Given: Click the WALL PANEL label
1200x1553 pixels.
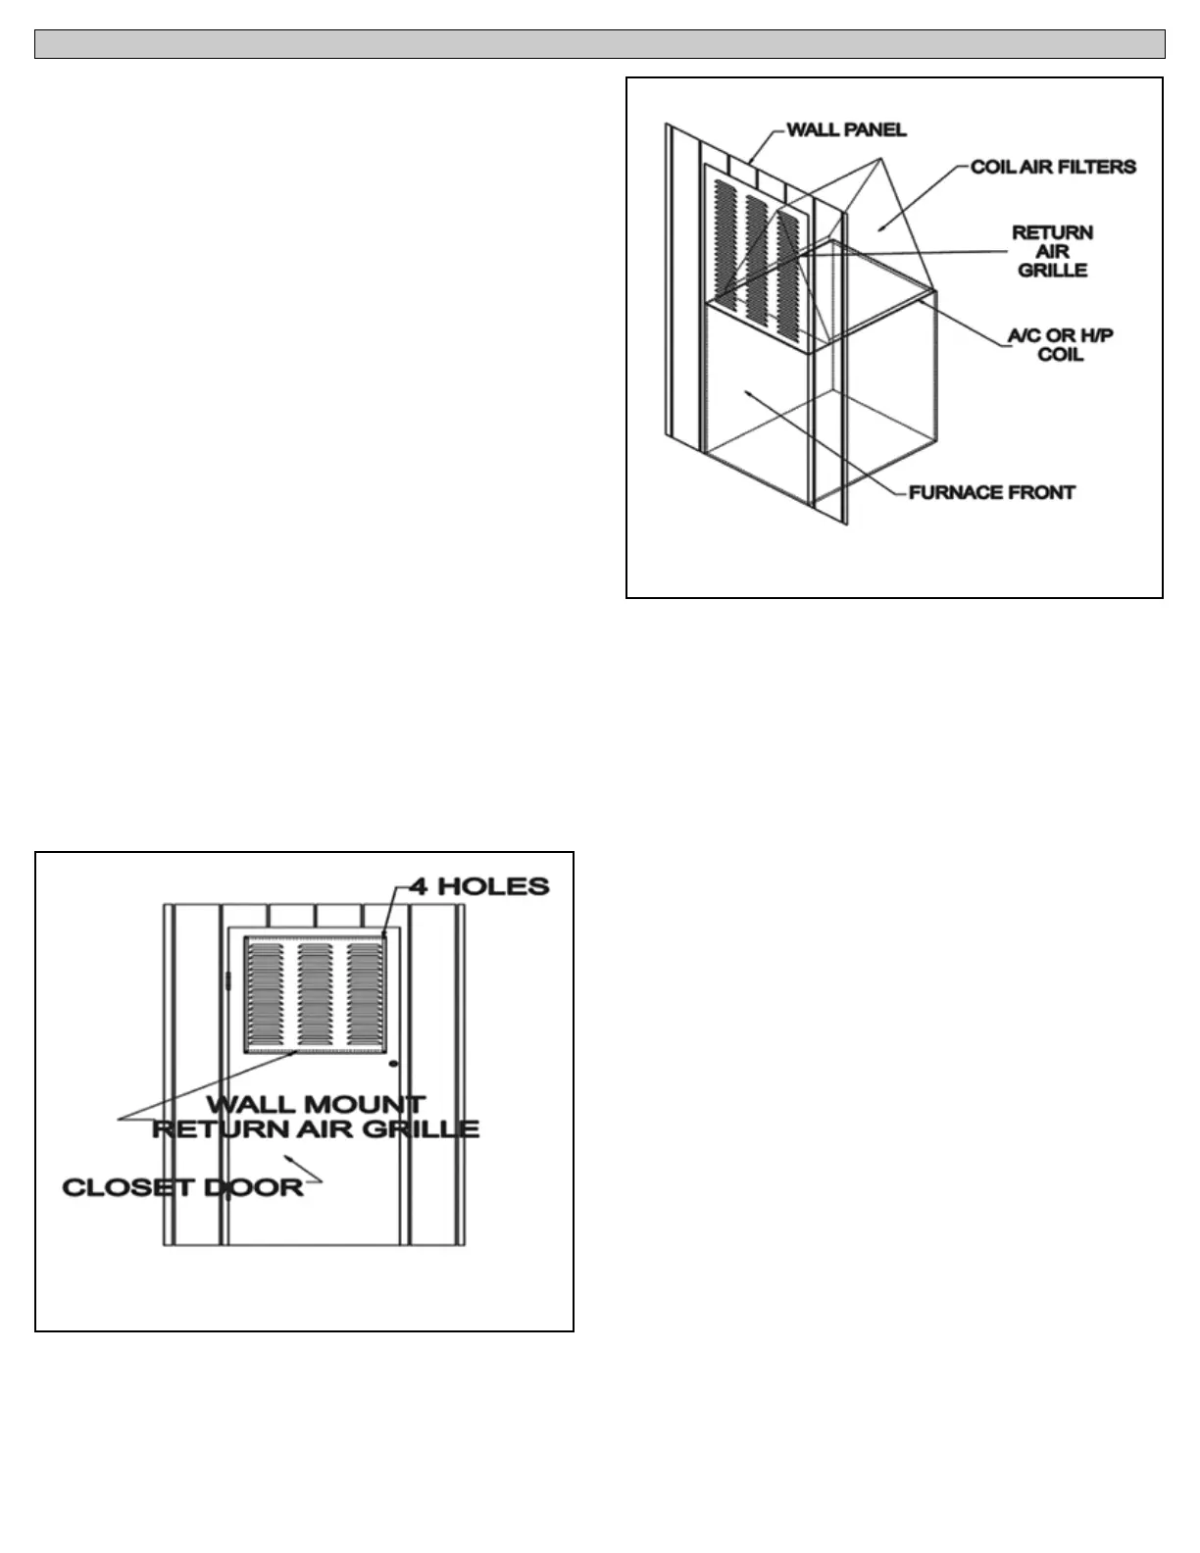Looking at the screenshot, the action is pos(846,129).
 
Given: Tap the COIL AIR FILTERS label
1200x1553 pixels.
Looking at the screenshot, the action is pos(1052,167).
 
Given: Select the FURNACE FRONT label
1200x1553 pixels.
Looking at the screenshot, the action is pos(991,492).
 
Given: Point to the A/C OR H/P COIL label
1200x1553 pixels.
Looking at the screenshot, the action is pos(1060,344).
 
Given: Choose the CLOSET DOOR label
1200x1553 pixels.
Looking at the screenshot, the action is pos(182,1187).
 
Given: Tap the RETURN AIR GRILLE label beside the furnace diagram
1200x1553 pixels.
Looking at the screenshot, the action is pos(1052,251).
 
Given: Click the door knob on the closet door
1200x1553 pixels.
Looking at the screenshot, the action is pos(393,1064).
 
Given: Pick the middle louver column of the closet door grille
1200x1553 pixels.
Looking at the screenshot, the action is pos(315,993).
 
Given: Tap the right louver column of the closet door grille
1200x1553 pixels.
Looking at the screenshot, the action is pos(364,993).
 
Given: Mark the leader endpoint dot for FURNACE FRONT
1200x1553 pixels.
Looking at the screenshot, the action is pos(747,393).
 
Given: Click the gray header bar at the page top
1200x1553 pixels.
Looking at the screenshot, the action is pos(599,44).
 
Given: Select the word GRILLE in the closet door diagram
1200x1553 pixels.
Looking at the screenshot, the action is pos(427,1128).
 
